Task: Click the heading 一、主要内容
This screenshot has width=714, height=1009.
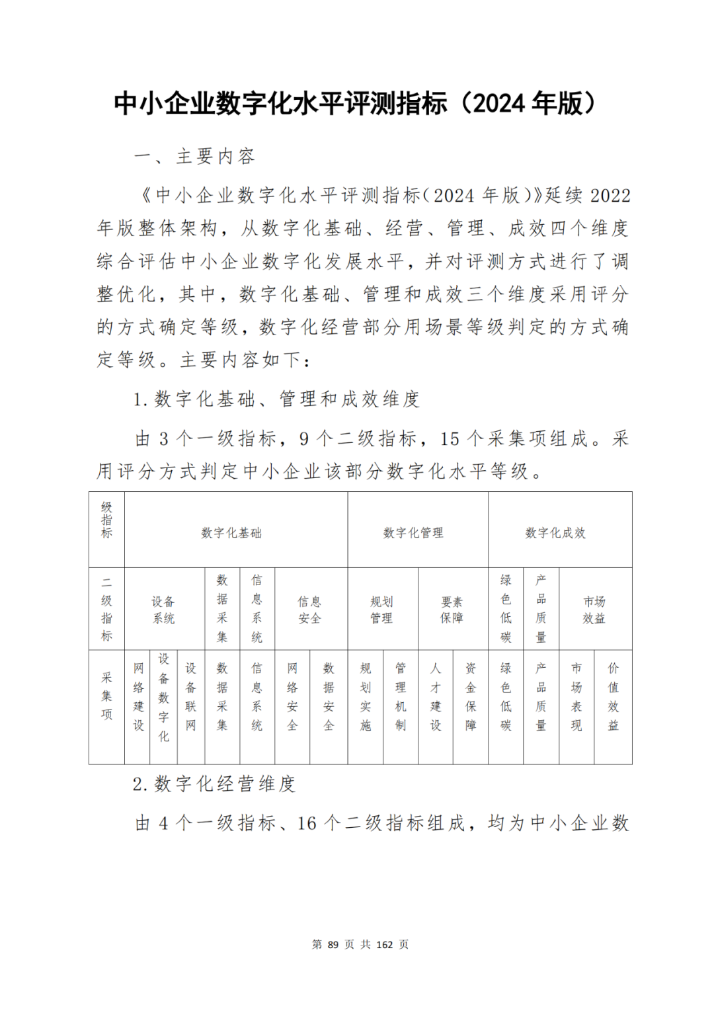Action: click(x=195, y=157)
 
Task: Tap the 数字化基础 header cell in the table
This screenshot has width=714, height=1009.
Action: click(x=231, y=533)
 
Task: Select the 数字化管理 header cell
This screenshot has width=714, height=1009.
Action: click(x=413, y=533)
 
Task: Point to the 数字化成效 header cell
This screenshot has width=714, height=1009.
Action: click(x=555, y=533)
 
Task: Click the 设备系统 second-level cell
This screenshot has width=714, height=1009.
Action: click(x=163, y=610)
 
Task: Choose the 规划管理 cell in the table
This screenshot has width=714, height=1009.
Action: click(x=381, y=610)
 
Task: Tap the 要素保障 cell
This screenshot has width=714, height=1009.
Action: click(x=452, y=610)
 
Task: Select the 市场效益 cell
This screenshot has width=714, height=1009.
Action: click(x=594, y=610)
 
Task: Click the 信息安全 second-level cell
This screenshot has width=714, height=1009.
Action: click(x=309, y=610)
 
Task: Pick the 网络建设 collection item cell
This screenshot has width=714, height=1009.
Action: click(x=138, y=697)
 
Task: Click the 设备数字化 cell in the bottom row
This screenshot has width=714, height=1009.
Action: click(x=164, y=697)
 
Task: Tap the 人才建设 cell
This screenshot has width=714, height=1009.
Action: click(x=436, y=697)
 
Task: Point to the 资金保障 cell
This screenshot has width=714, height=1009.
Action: click(x=471, y=697)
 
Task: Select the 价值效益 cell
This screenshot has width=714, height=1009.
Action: click(x=613, y=697)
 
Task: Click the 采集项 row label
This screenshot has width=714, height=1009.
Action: click(x=106, y=696)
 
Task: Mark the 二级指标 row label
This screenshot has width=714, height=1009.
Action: click(x=106, y=609)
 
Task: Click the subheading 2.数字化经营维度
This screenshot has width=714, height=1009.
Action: click(x=214, y=784)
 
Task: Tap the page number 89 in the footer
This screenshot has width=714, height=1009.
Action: click(x=333, y=944)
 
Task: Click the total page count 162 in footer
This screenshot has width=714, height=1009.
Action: click(x=384, y=944)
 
